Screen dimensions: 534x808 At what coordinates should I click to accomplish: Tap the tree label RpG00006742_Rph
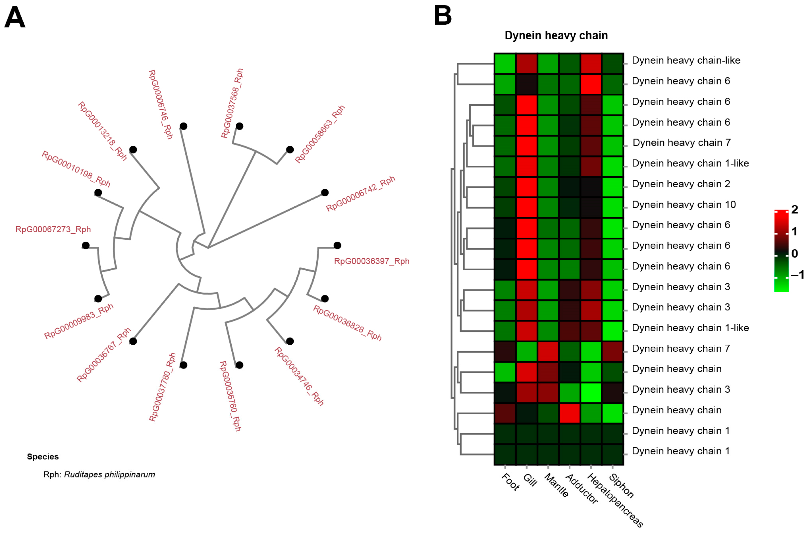tap(360, 193)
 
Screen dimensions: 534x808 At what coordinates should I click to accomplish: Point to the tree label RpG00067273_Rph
tap(53, 229)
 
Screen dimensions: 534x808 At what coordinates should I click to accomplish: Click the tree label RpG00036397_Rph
tap(372, 261)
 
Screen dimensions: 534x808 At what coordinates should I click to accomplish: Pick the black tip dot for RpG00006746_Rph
tap(184, 126)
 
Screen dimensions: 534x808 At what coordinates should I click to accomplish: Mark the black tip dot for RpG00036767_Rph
tap(133, 341)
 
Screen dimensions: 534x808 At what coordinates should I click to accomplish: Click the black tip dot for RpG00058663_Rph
tap(290, 150)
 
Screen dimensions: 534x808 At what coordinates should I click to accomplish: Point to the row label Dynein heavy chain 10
tap(683, 205)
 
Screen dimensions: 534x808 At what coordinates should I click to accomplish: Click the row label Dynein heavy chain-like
tap(686, 60)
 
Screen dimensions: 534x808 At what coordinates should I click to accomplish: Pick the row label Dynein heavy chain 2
tap(681, 184)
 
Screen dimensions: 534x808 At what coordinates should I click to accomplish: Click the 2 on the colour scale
tap(795, 210)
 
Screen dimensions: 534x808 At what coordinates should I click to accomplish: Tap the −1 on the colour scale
tap(797, 275)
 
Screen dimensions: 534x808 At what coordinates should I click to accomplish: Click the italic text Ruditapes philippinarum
tap(109, 475)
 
